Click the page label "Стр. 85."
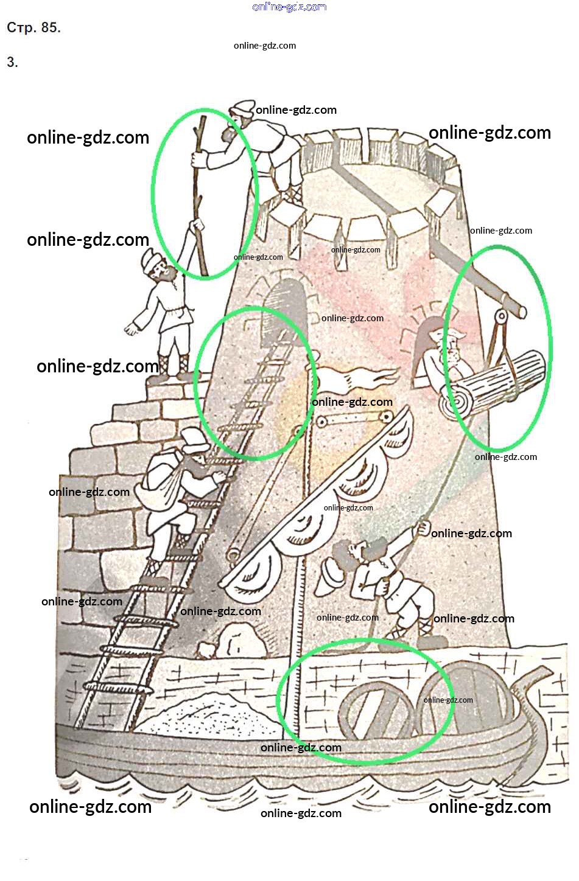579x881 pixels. coord(34,27)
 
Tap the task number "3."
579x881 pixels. coord(12,61)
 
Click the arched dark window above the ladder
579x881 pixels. coord(282,311)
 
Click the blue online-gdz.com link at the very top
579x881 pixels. coord(289,7)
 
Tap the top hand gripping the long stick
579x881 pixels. coord(198,159)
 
